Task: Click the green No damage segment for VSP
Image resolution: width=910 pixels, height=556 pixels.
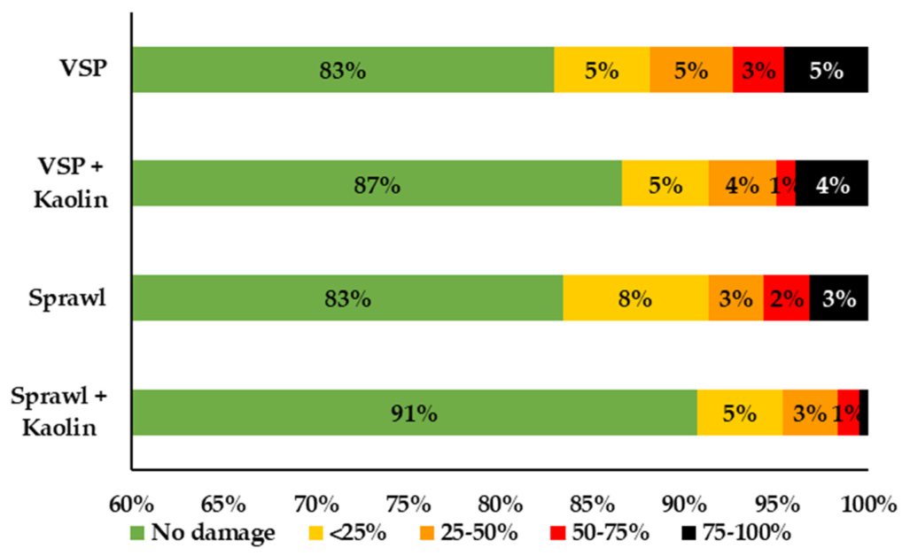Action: pos(343,70)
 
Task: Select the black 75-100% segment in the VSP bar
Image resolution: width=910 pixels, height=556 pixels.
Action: pos(826,70)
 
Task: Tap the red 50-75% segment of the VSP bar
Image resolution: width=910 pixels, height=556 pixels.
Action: pos(758,70)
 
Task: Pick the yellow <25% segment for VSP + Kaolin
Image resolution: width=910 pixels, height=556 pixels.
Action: pos(665,183)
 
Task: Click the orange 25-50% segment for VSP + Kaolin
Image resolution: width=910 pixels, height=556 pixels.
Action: pos(743,183)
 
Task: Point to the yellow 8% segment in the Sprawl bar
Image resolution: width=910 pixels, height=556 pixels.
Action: pos(635,297)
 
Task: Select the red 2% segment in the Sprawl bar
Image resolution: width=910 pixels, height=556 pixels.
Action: pos(786,297)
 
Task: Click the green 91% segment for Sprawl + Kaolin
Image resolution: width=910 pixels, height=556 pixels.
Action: pos(415,413)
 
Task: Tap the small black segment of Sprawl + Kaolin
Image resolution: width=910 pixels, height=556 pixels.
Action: pos(864,413)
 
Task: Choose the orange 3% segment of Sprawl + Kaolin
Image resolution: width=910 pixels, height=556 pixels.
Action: pos(810,413)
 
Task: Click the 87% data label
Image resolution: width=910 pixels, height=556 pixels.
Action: pos(377,186)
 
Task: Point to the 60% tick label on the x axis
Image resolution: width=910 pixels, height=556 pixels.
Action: pos(132,505)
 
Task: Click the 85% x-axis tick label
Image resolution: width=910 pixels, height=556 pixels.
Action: pos(592,505)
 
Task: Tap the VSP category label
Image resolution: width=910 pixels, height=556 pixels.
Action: pos(83,68)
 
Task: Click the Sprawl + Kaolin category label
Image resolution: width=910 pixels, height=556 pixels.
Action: pos(59,412)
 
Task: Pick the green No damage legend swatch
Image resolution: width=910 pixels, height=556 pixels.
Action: pos(137,532)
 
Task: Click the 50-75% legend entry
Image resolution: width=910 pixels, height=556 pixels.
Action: pos(599,532)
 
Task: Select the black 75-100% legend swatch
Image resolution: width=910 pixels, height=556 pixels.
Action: pos(688,532)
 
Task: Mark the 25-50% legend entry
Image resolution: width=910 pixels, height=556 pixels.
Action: pos(469,532)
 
